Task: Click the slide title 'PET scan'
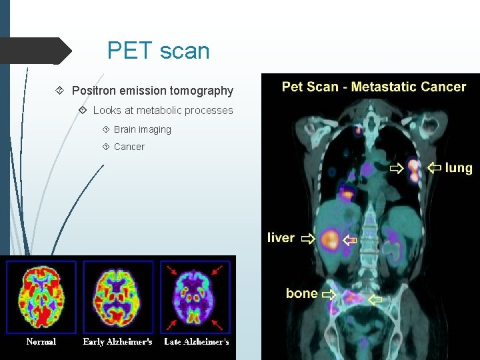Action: pyautogui.click(x=158, y=51)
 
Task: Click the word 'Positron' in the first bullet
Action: pyautogui.click(x=94, y=91)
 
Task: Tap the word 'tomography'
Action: pyautogui.click(x=201, y=91)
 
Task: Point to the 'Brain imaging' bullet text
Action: pyautogui.click(x=142, y=129)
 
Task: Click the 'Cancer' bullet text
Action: pyautogui.click(x=129, y=147)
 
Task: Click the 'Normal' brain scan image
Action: pyautogui.click(x=41, y=297)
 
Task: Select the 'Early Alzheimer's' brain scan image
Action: pyautogui.click(x=118, y=297)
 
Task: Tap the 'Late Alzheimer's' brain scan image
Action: pyautogui.click(x=196, y=297)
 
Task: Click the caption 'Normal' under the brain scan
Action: pyautogui.click(x=41, y=342)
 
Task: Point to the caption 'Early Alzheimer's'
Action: pyautogui.click(x=117, y=342)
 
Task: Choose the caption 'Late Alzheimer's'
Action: pyautogui.click(x=197, y=342)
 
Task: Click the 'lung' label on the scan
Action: pyautogui.click(x=458, y=168)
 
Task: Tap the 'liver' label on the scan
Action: pyautogui.click(x=281, y=238)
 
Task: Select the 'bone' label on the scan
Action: pyautogui.click(x=301, y=293)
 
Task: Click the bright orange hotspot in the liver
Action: pyautogui.click(x=329, y=239)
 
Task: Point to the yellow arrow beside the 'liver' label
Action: pyautogui.click(x=307, y=238)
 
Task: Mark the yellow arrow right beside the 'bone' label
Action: pyautogui.click(x=329, y=293)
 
